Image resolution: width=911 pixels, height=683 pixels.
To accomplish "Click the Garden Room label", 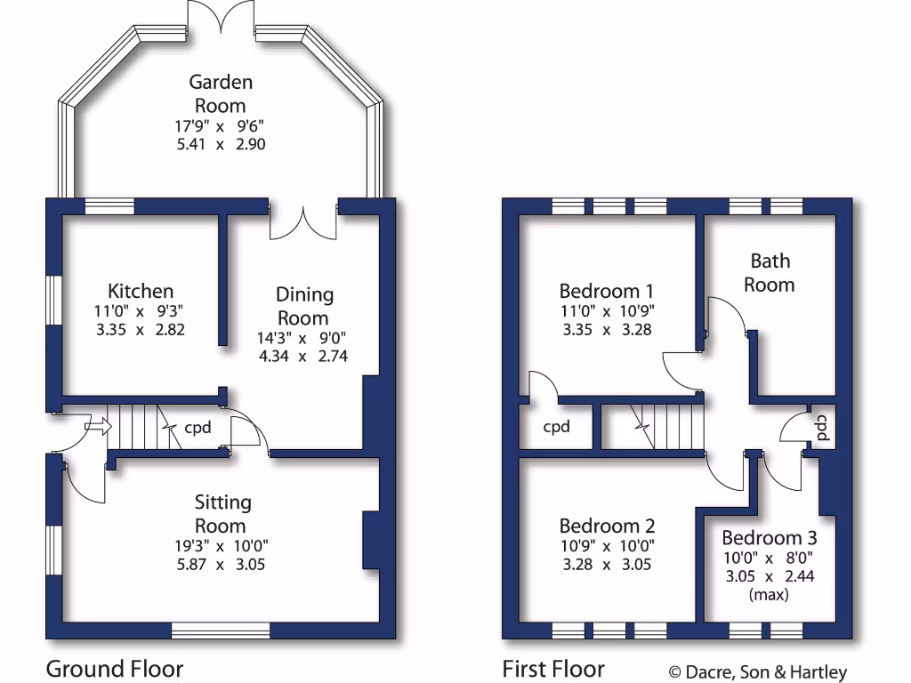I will point(221,93).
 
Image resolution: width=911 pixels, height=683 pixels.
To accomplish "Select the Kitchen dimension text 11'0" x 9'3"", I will point(141,311).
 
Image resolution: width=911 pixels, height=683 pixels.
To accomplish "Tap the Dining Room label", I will point(303,305).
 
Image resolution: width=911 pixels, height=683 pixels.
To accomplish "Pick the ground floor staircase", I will point(138,428).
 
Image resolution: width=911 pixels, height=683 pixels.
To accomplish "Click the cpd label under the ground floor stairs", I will point(198,428).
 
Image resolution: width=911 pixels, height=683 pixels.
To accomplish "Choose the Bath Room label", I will point(769,272).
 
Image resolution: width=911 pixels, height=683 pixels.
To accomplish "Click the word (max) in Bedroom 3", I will point(769,595).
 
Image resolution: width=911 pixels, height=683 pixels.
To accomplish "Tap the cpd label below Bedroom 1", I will point(556,427).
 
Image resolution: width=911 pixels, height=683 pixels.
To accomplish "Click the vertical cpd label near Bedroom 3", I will point(823,428).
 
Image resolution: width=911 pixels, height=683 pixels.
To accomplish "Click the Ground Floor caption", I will point(114,669).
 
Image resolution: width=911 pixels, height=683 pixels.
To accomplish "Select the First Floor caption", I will point(553,669).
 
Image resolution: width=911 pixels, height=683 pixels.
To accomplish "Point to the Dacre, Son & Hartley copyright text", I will point(758,673).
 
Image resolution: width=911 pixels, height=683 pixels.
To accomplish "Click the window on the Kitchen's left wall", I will point(54,301).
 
